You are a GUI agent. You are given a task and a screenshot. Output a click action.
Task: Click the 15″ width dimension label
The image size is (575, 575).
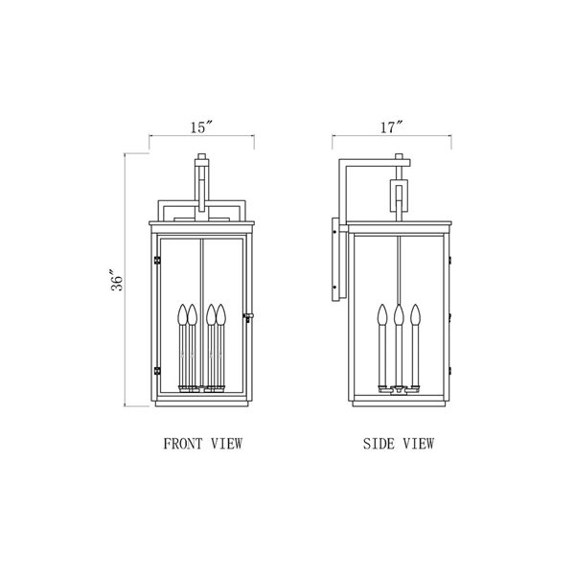201,127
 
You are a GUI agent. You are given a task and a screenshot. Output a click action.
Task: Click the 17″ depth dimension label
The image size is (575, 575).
391,127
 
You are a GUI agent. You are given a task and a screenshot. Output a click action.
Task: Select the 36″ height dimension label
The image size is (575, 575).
117,281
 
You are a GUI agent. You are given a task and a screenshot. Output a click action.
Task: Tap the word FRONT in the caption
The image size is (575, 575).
183,444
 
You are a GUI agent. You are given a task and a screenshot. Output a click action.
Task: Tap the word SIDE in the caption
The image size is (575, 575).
379,444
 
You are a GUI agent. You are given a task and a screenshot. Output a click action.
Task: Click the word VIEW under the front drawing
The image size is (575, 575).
226,444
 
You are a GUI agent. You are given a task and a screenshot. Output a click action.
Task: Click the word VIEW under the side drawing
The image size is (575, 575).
419,444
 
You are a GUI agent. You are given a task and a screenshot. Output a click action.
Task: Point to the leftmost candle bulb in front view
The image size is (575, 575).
183,314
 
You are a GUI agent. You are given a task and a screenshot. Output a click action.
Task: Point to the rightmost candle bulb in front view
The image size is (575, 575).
220,314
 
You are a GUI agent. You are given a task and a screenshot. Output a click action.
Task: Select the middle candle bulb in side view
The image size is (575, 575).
399,314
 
